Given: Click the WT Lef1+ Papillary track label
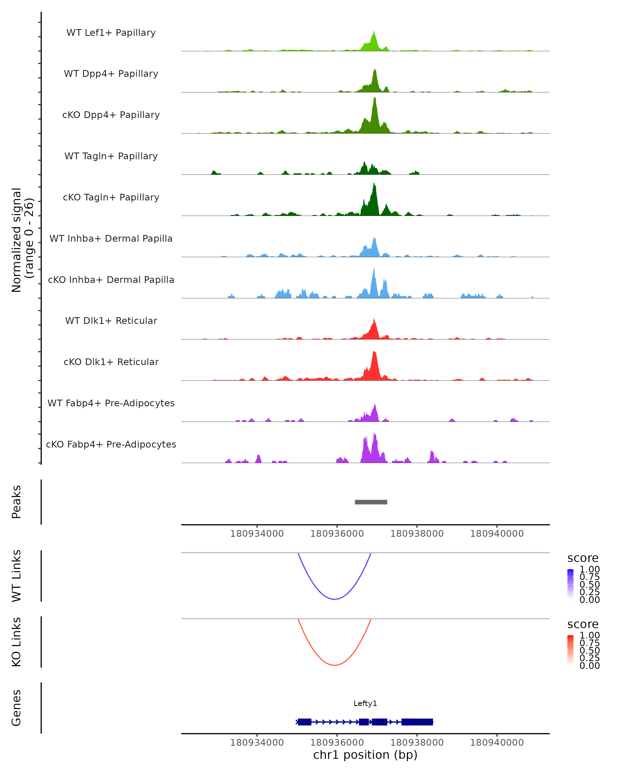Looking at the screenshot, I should tap(111, 33).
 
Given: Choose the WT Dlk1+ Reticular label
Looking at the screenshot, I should tap(111, 321).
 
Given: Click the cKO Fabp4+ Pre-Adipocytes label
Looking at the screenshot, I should tap(111, 444).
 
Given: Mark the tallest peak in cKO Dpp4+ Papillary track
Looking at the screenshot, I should tap(375, 99).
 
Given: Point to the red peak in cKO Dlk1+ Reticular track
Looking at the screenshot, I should tap(374, 353).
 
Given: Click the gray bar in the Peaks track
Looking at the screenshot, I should tap(371, 502).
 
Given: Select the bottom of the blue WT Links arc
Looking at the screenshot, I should tap(334, 599).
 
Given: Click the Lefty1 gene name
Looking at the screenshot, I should tap(365, 703).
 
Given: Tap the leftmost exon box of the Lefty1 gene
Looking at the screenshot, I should tap(305, 722).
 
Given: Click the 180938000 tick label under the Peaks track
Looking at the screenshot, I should tap(417, 534).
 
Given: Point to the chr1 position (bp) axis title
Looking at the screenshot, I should tap(365, 755).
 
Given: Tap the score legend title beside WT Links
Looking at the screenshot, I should tap(582, 558).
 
